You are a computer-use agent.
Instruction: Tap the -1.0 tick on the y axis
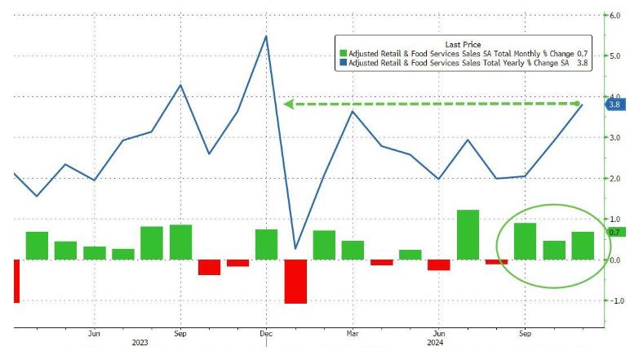pyautogui.click(x=613, y=300)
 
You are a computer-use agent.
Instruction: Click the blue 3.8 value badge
pyautogui.click(x=614, y=104)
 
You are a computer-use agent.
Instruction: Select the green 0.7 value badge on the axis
pyautogui.click(x=613, y=233)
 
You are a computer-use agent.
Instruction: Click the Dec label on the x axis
pyautogui.click(x=266, y=333)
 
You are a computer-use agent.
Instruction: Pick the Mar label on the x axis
pyautogui.click(x=353, y=333)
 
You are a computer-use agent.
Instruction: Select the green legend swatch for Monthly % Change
pyautogui.click(x=343, y=53)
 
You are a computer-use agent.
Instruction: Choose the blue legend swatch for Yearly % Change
pyautogui.click(x=343, y=63)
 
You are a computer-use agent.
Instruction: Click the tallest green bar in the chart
pyautogui.click(x=468, y=234)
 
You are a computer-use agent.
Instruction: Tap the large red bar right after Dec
pyautogui.click(x=295, y=281)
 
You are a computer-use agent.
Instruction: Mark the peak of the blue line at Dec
pyautogui.click(x=266, y=36)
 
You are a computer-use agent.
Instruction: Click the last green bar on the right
pyautogui.click(x=583, y=246)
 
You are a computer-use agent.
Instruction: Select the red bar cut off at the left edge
pyautogui.click(x=16, y=281)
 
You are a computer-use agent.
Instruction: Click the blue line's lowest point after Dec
pyautogui.click(x=295, y=248)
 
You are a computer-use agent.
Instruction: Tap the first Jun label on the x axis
pyautogui.click(x=94, y=333)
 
